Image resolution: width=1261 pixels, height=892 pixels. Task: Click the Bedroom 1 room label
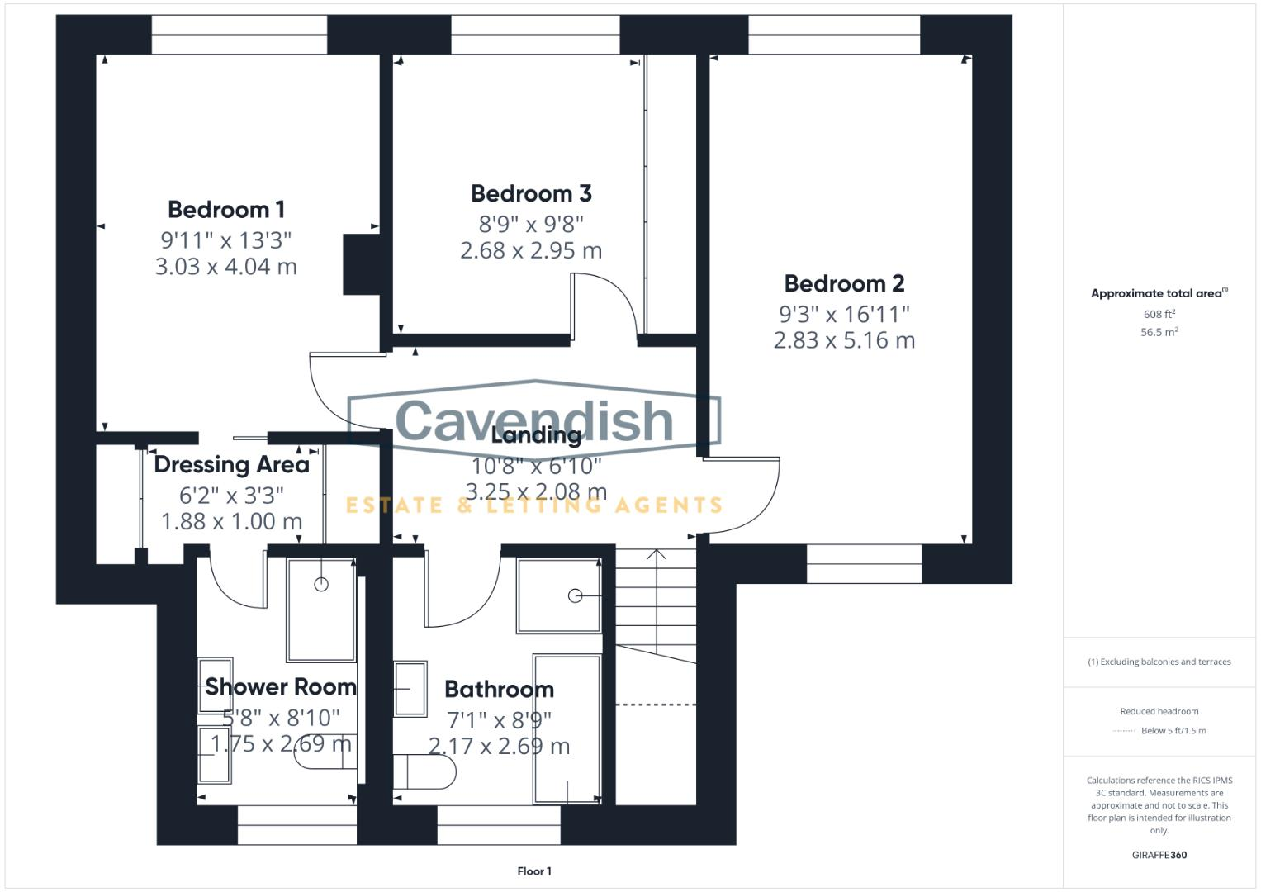tap(226, 209)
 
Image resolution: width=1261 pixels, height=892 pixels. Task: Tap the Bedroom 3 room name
tap(531, 193)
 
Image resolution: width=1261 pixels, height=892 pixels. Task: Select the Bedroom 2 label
tap(844, 283)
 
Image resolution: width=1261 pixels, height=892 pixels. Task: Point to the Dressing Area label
tap(231, 464)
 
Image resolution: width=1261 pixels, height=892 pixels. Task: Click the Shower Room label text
tap(281, 686)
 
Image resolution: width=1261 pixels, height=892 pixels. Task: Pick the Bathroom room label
tap(499, 689)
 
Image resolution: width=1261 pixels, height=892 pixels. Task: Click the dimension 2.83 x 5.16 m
tap(844, 340)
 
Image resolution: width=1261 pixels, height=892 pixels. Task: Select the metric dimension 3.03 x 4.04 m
tap(226, 267)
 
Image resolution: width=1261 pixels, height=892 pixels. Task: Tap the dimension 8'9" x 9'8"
tap(531, 224)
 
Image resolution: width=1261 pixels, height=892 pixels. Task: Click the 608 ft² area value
tap(1159, 314)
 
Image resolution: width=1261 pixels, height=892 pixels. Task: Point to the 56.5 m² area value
tap(1159, 332)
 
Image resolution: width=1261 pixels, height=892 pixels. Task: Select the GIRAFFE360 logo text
tap(1159, 855)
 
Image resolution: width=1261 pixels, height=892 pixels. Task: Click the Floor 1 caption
tap(534, 871)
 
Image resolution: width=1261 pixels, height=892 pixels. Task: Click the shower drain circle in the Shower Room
tap(321, 585)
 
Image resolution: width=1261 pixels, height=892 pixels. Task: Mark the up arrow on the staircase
tap(656, 555)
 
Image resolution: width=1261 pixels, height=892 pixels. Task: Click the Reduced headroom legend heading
tap(1159, 711)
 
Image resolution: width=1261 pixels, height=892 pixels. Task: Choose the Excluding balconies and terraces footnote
tap(1159, 662)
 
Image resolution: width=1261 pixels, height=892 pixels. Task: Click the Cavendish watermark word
tap(534, 420)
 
